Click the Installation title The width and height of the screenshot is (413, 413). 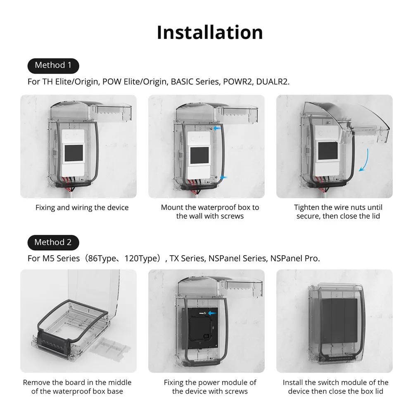(x=210, y=32)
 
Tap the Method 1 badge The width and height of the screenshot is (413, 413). (x=53, y=65)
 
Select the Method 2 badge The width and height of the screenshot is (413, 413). (x=53, y=242)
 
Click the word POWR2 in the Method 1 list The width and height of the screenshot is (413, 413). (x=237, y=81)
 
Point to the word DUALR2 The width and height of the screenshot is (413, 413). (x=272, y=81)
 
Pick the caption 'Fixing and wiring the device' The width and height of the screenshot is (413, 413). (x=82, y=208)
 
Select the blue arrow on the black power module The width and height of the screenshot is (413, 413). (x=213, y=313)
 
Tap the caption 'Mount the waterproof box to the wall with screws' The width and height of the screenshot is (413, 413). (x=210, y=212)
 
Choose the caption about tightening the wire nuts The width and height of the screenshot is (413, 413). (x=338, y=212)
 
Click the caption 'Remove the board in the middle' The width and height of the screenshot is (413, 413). (x=77, y=387)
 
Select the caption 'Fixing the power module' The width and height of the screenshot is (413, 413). (x=210, y=387)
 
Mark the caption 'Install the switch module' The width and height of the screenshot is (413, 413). (x=335, y=387)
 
